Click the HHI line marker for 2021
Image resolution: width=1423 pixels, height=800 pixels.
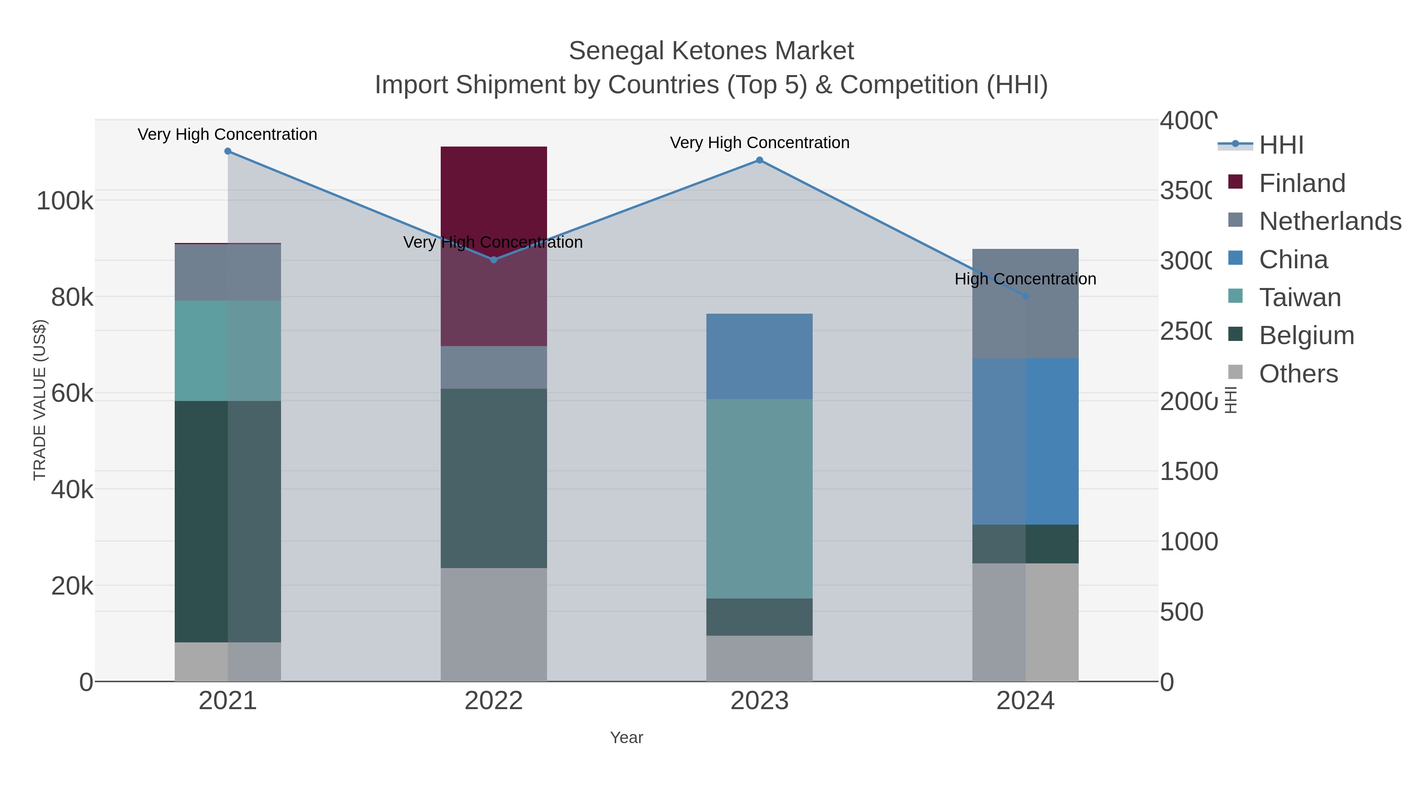pos(228,151)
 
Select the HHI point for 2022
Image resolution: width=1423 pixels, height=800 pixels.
pos(494,260)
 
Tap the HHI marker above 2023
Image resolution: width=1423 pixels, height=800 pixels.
pos(760,160)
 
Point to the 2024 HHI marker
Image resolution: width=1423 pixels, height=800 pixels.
pos(1025,296)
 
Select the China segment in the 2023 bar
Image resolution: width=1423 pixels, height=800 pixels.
pos(760,356)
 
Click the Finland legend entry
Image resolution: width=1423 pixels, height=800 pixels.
pos(1302,183)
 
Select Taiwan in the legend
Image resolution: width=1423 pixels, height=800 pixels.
pos(1299,297)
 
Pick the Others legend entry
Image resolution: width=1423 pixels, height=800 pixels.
pos(1298,374)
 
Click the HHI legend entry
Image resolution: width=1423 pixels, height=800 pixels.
pos(1280,145)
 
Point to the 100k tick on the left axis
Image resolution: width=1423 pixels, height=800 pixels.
pos(65,201)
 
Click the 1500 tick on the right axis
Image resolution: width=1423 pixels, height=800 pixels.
pos(1188,471)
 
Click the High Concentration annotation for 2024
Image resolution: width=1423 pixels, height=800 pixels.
pos(1025,279)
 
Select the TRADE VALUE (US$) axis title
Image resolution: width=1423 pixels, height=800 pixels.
pos(40,400)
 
